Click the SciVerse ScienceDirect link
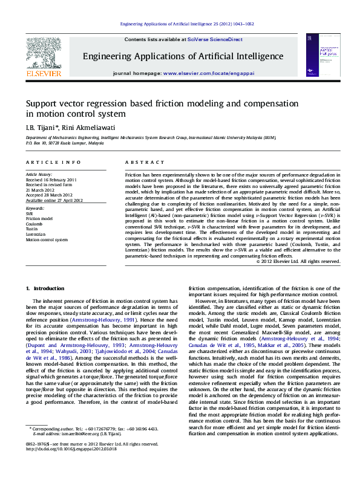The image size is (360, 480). [215, 39]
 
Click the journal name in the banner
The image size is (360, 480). [183, 57]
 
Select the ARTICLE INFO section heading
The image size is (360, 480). [53, 163]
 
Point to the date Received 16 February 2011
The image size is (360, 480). [51, 180]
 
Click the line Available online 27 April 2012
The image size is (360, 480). [54, 200]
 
